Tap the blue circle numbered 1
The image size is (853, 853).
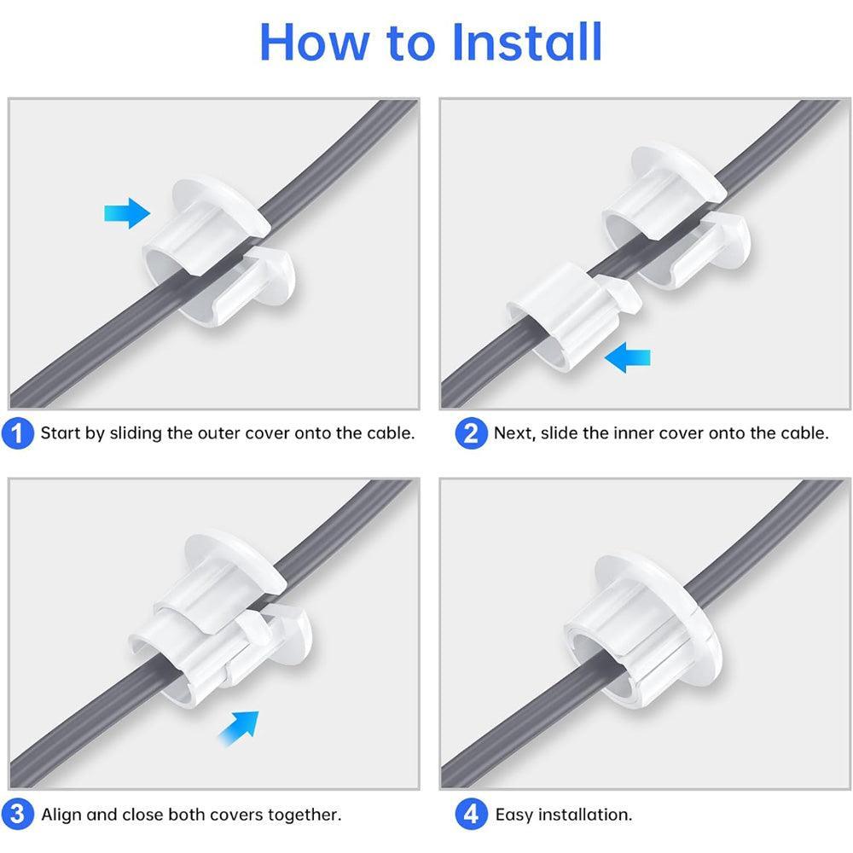[x=18, y=433]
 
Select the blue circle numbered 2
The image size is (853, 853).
[x=471, y=433]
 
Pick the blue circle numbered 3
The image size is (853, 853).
[x=18, y=814]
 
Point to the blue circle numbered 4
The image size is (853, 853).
[x=471, y=814]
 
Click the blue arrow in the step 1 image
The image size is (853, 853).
[x=126, y=212]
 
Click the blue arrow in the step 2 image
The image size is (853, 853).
[x=627, y=359]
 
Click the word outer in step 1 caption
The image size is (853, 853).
[x=218, y=433]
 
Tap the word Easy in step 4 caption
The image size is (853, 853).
[x=514, y=815]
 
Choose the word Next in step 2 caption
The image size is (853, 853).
[x=514, y=433]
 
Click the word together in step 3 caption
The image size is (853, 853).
[x=305, y=815]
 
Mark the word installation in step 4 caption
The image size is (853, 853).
[x=586, y=815]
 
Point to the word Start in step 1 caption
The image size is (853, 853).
[x=61, y=433]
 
